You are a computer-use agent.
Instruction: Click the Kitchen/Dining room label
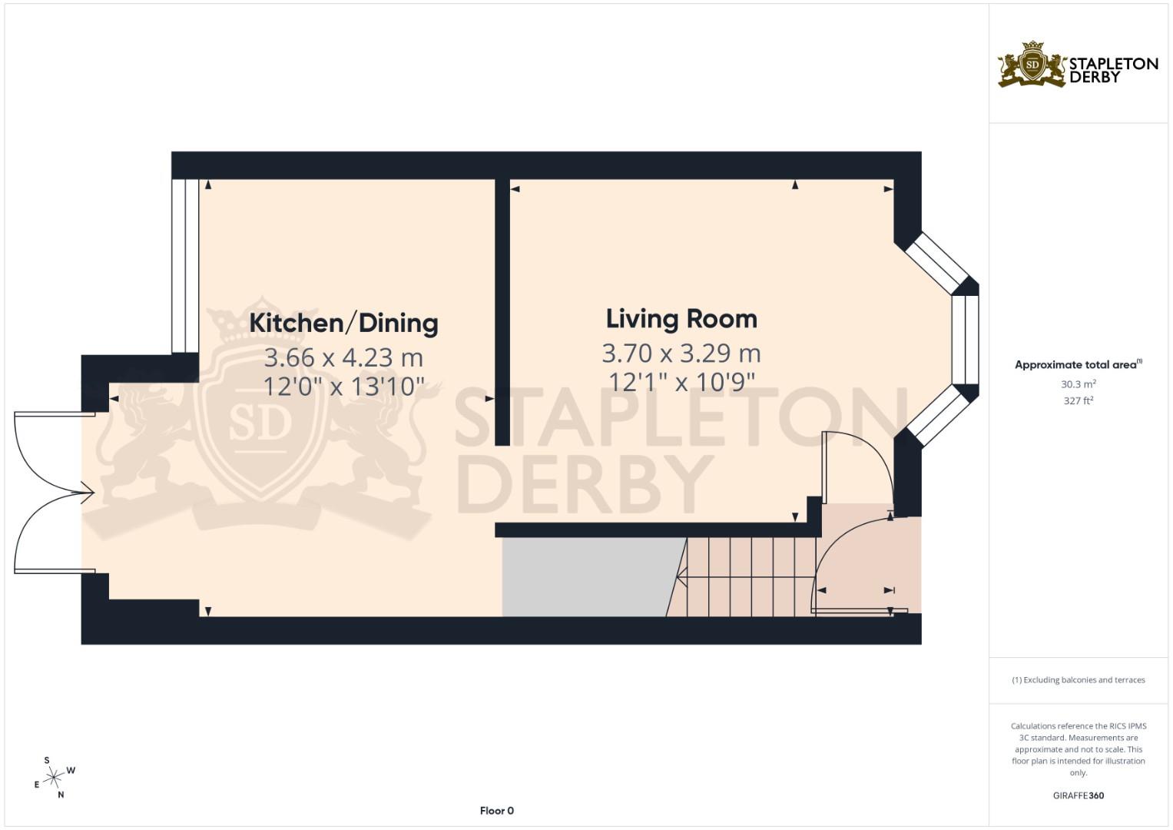coord(343,323)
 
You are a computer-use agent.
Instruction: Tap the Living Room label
coord(681,319)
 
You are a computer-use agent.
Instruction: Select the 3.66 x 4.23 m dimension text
coord(343,357)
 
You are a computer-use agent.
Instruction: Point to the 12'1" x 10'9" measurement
coord(681,381)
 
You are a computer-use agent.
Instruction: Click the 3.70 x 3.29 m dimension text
coord(681,353)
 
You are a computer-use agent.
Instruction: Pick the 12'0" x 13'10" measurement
coord(343,386)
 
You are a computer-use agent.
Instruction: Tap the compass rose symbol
coord(53,778)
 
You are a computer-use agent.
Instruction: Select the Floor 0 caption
coord(496,811)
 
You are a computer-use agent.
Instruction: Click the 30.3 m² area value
coord(1078,383)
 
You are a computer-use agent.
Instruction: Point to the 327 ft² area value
coord(1078,400)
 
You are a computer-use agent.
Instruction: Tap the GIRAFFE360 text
coord(1078,795)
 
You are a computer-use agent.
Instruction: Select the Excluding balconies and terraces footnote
coord(1078,680)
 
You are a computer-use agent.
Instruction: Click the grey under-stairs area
coord(584,576)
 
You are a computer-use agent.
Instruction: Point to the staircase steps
coord(749,576)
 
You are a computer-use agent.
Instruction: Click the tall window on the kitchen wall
coord(185,265)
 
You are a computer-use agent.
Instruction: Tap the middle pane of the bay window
coord(965,340)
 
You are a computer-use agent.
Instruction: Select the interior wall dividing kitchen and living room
coord(502,311)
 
